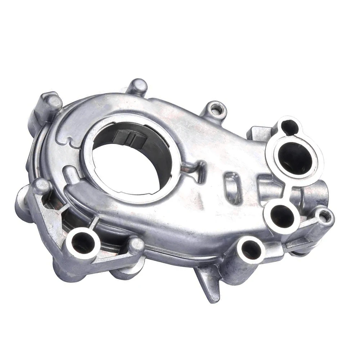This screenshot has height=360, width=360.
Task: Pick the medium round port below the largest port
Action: (281, 216)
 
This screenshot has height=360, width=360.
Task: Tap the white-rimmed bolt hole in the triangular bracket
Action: (83, 241)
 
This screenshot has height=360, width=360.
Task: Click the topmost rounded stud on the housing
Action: (138, 86)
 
